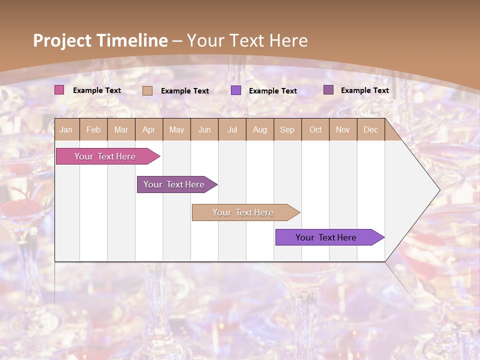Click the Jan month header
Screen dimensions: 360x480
click(x=66, y=130)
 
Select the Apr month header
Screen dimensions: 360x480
click(x=149, y=130)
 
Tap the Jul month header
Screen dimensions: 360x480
click(x=232, y=130)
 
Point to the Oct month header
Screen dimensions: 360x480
click(x=315, y=130)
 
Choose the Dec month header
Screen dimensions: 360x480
click(x=370, y=130)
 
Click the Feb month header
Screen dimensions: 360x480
click(x=93, y=130)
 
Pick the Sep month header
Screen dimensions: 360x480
click(x=287, y=130)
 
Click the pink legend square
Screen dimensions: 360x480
click(x=59, y=90)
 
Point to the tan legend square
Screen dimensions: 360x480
click(x=147, y=90)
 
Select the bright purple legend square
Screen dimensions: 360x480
click(x=236, y=90)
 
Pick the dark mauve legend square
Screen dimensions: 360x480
click(x=328, y=90)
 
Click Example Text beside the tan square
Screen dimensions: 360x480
click(x=185, y=91)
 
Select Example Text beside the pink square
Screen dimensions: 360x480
click(x=97, y=90)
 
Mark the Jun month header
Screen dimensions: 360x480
click(x=204, y=130)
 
